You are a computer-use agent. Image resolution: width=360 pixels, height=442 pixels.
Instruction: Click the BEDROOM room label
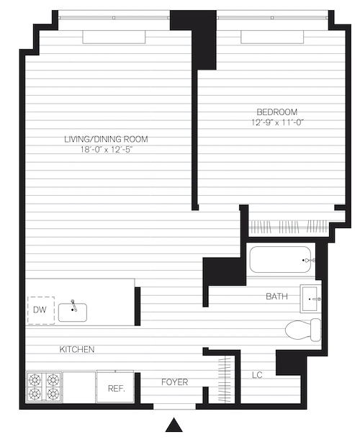click(x=276, y=112)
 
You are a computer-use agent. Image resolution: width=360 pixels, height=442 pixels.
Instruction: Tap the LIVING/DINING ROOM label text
click(x=107, y=139)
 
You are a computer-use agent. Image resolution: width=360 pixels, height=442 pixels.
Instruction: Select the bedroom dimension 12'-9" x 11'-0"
click(x=277, y=122)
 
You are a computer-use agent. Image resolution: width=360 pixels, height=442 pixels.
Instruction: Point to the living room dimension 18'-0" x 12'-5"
click(x=107, y=150)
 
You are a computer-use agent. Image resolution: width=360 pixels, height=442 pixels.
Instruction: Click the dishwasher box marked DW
click(x=41, y=310)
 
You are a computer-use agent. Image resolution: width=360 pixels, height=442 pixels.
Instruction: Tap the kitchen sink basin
click(x=73, y=312)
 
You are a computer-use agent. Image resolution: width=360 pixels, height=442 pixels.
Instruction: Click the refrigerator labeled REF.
click(x=114, y=387)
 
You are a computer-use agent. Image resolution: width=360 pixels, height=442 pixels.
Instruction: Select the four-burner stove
click(x=44, y=387)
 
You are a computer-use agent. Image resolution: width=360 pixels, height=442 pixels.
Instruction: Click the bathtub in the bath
click(x=281, y=260)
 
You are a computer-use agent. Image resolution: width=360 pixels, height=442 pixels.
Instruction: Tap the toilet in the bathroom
click(x=303, y=330)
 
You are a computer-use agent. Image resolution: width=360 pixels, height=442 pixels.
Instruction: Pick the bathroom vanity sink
click(x=310, y=299)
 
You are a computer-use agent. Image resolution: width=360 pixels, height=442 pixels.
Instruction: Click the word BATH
click(x=276, y=297)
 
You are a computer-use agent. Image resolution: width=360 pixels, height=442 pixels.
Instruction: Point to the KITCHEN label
click(x=77, y=349)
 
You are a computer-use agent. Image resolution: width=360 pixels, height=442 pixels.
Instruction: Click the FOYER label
click(x=174, y=382)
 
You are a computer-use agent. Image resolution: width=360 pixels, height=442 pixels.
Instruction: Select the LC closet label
click(x=257, y=375)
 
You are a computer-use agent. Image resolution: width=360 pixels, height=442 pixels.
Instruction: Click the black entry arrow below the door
click(x=174, y=425)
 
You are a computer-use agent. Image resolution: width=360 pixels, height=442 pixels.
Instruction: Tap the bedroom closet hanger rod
click(x=289, y=226)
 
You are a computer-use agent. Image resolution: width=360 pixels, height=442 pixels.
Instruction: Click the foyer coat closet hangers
click(x=225, y=379)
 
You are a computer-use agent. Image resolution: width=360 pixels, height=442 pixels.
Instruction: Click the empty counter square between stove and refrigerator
click(x=79, y=387)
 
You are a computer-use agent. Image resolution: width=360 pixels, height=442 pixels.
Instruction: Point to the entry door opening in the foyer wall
click(x=174, y=407)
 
